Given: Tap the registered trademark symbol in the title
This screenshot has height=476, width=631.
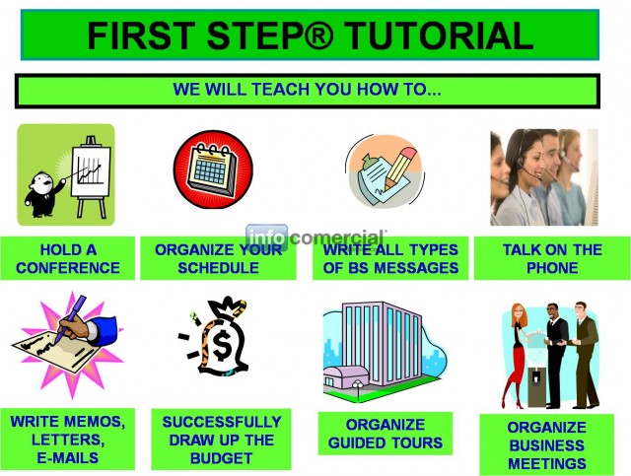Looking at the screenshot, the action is point(319,35).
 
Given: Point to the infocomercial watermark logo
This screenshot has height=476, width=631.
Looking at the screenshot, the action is point(315,238).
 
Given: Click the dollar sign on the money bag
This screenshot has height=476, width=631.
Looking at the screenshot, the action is point(222,344).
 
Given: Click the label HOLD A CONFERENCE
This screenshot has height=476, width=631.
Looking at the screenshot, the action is point(68,258).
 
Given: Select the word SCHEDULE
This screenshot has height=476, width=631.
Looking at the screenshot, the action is point(219,268).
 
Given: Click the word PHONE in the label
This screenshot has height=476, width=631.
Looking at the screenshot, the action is point(552,268).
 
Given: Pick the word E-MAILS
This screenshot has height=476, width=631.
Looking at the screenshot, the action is point(68,458).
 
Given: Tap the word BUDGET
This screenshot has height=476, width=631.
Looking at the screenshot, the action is point(221,458).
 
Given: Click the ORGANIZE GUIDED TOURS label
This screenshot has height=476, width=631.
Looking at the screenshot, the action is point(386,434).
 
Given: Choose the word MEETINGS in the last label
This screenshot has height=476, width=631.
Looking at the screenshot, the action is point(546,463).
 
